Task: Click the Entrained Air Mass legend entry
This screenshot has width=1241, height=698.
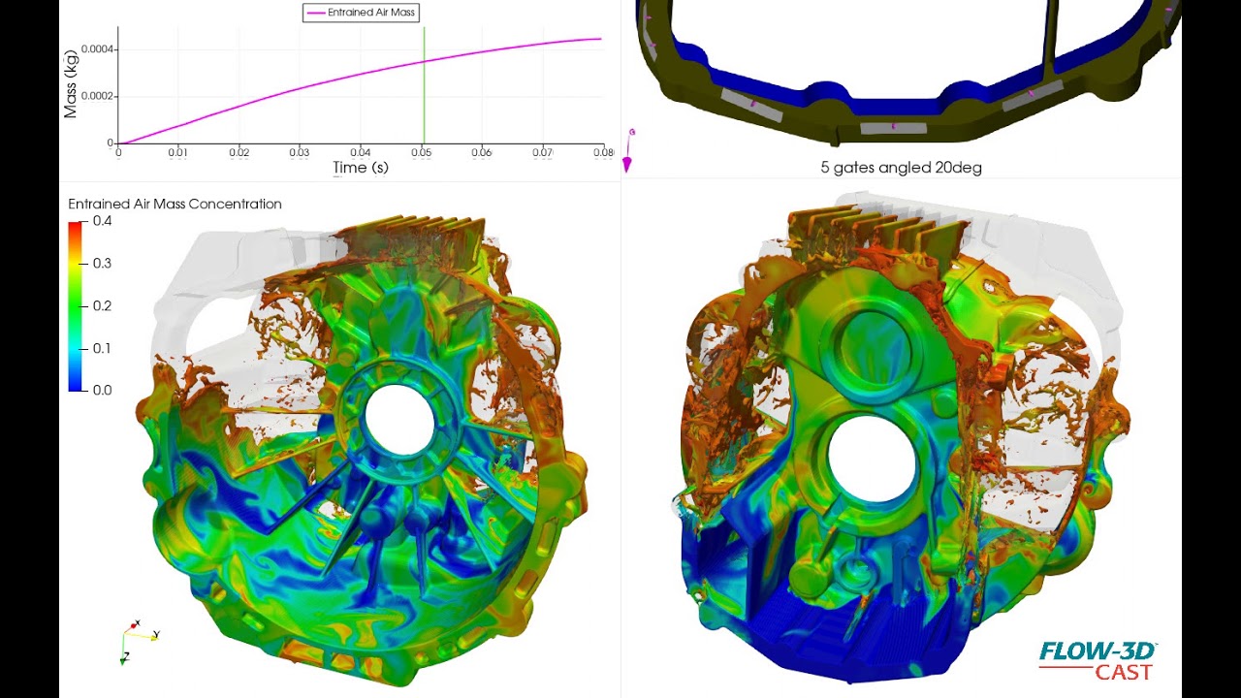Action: coord(361,13)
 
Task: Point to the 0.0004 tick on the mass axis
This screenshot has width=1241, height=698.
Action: coord(98,49)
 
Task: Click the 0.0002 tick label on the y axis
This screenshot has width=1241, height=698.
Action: coord(98,96)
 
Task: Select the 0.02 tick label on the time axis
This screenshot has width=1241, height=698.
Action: coord(239,152)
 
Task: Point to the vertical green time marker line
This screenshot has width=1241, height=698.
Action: coord(424,87)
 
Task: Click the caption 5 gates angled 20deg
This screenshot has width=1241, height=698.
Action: coord(901,168)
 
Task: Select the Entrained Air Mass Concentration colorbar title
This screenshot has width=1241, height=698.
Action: coord(175,205)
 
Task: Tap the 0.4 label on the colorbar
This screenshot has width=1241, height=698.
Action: coord(102,221)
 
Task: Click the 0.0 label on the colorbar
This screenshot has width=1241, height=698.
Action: coord(102,390)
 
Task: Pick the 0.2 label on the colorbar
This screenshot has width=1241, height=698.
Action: coord(102,305)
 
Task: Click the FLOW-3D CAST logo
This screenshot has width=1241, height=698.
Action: coord(1098,661)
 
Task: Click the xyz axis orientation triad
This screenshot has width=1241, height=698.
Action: coord(136,638)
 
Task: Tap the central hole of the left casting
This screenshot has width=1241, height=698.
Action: coord(398,417)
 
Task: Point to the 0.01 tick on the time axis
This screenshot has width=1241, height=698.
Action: coord(178,152)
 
